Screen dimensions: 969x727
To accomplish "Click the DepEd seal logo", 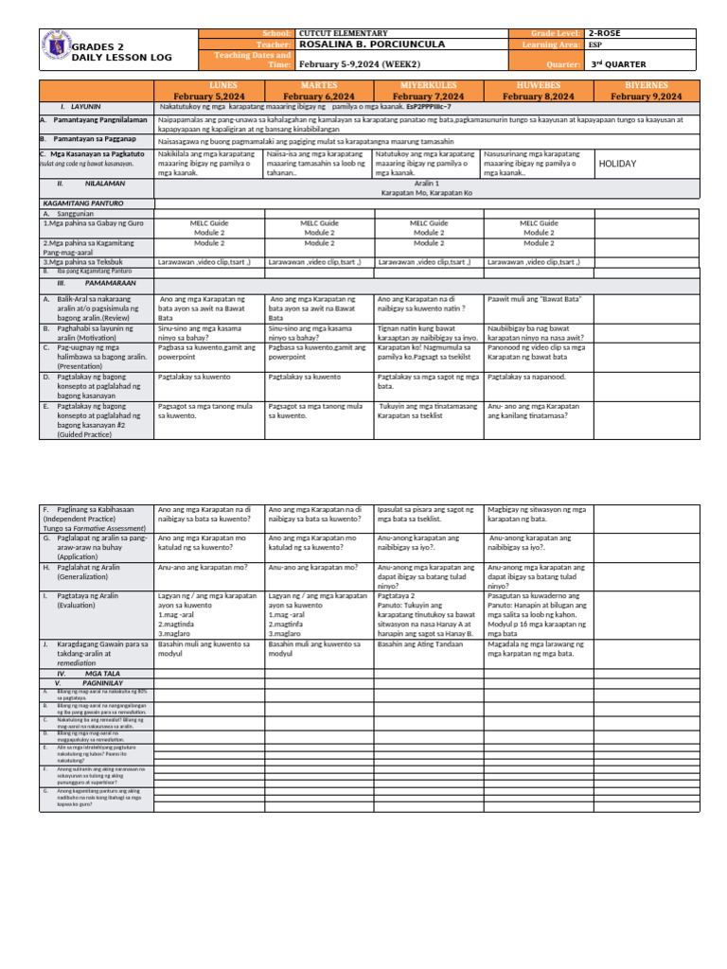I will (57, 50).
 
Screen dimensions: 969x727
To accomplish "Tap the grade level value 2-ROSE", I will (607, 33).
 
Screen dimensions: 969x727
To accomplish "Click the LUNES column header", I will (209, 91).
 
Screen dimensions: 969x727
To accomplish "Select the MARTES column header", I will (319, 91).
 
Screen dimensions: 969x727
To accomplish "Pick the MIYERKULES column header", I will (428, 91).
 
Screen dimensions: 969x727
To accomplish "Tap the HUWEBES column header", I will (538, 91).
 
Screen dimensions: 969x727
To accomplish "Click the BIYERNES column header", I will (646, 91).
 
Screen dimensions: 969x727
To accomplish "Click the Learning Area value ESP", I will (594, 44).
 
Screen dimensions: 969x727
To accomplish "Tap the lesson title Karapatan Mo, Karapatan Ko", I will (428, 192).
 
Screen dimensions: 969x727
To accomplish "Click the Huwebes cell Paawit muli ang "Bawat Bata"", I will (533, 298).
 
